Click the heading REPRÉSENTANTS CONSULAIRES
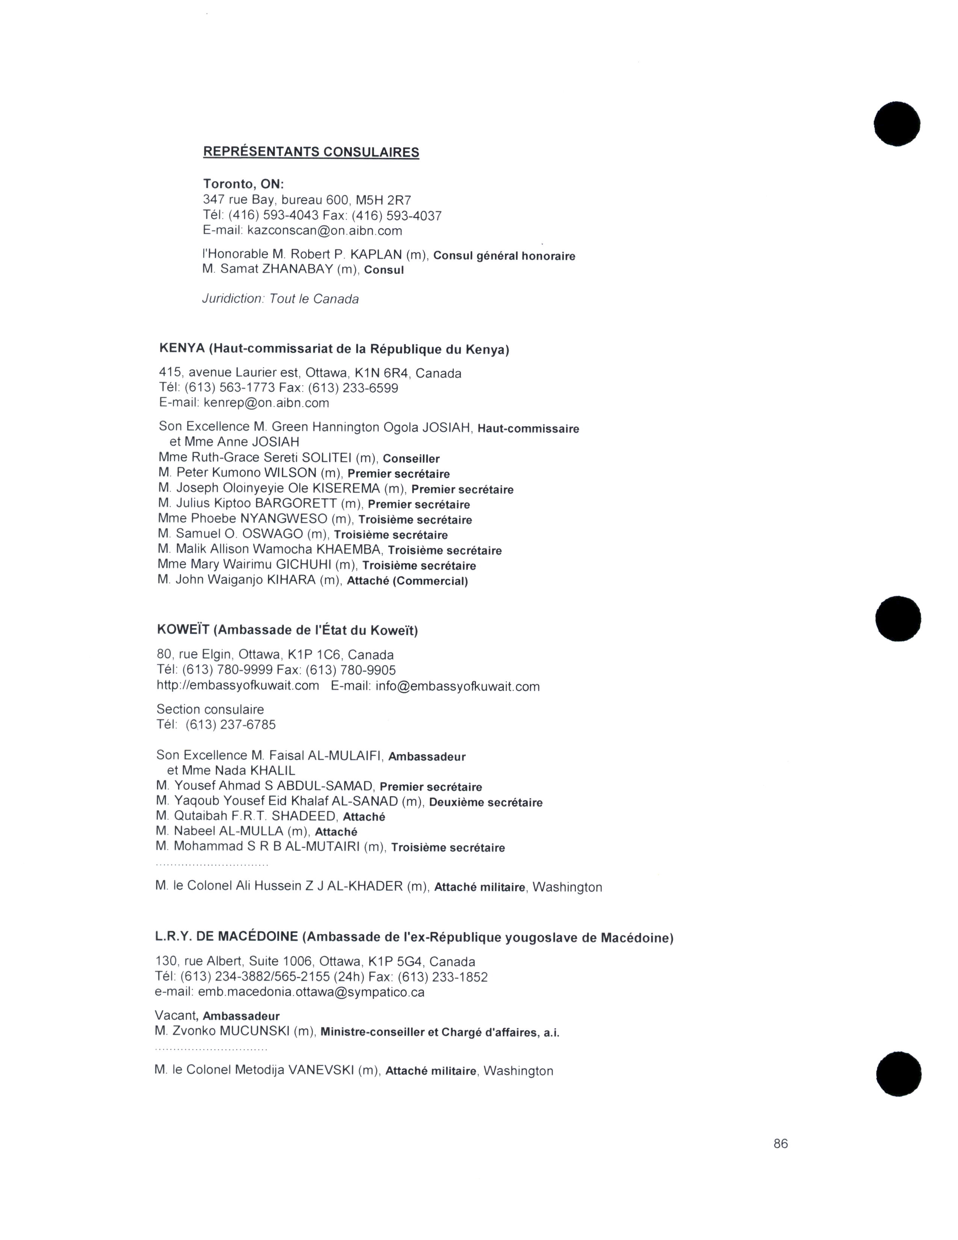311,152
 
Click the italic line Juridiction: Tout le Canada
280,299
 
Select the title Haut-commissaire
528,429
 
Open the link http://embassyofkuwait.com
238,686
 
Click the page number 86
780,1143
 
